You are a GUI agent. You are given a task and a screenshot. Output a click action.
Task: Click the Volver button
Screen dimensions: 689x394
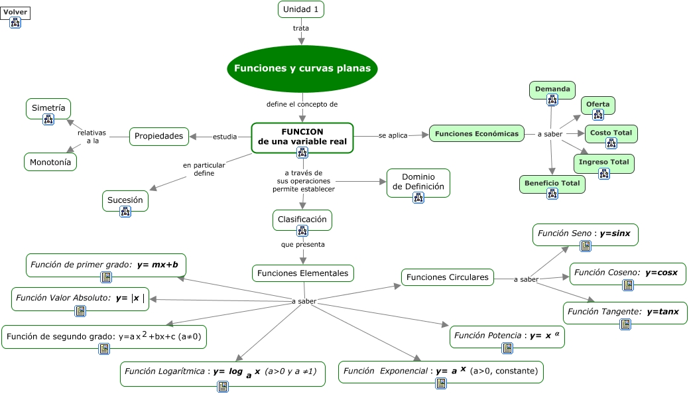click(x=15, y=13)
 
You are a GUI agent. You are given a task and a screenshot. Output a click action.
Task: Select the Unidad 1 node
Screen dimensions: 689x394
click(x=301, y=9)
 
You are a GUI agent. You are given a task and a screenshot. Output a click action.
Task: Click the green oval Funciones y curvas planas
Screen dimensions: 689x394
click(x=302, y=68)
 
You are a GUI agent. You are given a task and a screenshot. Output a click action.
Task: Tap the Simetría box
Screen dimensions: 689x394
click(x=48, y=109)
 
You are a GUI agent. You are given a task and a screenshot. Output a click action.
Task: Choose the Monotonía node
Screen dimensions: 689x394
click(x=50, y=162)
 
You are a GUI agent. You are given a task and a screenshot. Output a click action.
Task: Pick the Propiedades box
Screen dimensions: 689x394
click(x=158, y=137)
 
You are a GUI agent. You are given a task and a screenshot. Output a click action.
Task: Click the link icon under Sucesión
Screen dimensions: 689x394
click(x=126, y=212)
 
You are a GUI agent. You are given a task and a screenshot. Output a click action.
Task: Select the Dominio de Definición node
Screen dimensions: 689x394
click(x=418, y=182)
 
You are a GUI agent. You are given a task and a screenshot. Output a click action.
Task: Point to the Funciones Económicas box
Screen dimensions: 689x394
click(x=477, y=134)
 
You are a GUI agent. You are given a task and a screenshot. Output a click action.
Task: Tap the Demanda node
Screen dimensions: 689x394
click(x=552, y=90)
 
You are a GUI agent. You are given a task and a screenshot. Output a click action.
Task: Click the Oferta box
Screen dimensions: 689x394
click(x=598, y=105)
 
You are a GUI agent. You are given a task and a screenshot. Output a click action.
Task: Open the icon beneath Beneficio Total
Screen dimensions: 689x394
click(x=552, y=194)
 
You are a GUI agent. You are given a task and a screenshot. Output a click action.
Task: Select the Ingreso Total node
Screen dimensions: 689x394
click(x=603, y=163)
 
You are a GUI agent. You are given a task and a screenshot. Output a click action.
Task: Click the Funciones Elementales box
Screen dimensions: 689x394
click(x=303, y=273)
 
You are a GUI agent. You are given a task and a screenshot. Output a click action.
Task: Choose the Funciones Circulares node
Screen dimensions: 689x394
click(x=448, y=277)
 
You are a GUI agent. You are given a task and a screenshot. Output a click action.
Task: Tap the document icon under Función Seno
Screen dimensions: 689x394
click(x=586, y=246)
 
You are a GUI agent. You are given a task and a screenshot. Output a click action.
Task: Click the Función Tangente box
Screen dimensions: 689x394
click(x=625, y=312)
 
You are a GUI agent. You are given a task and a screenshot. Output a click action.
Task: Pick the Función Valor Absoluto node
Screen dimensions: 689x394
click(x=80, y=299)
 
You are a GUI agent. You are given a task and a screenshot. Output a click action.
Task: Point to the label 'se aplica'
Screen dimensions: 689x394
click(x=393, y=135)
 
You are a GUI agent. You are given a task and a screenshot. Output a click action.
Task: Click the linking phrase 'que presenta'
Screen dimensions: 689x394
click(x=303, y=245)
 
